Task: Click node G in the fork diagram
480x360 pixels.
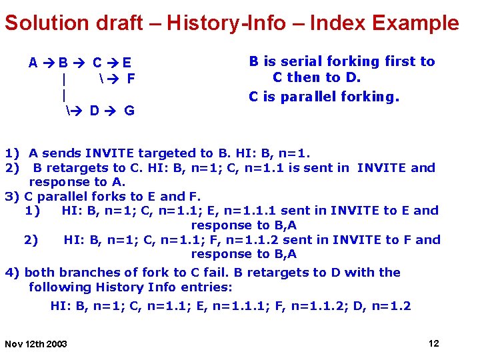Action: (129, 111)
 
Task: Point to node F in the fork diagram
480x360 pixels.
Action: (131, 79)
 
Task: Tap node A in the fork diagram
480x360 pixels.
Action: (33, 64)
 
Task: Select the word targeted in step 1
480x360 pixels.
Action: (150, 153)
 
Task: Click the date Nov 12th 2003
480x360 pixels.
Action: (36, 344)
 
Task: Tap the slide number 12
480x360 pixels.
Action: (433, 343)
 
